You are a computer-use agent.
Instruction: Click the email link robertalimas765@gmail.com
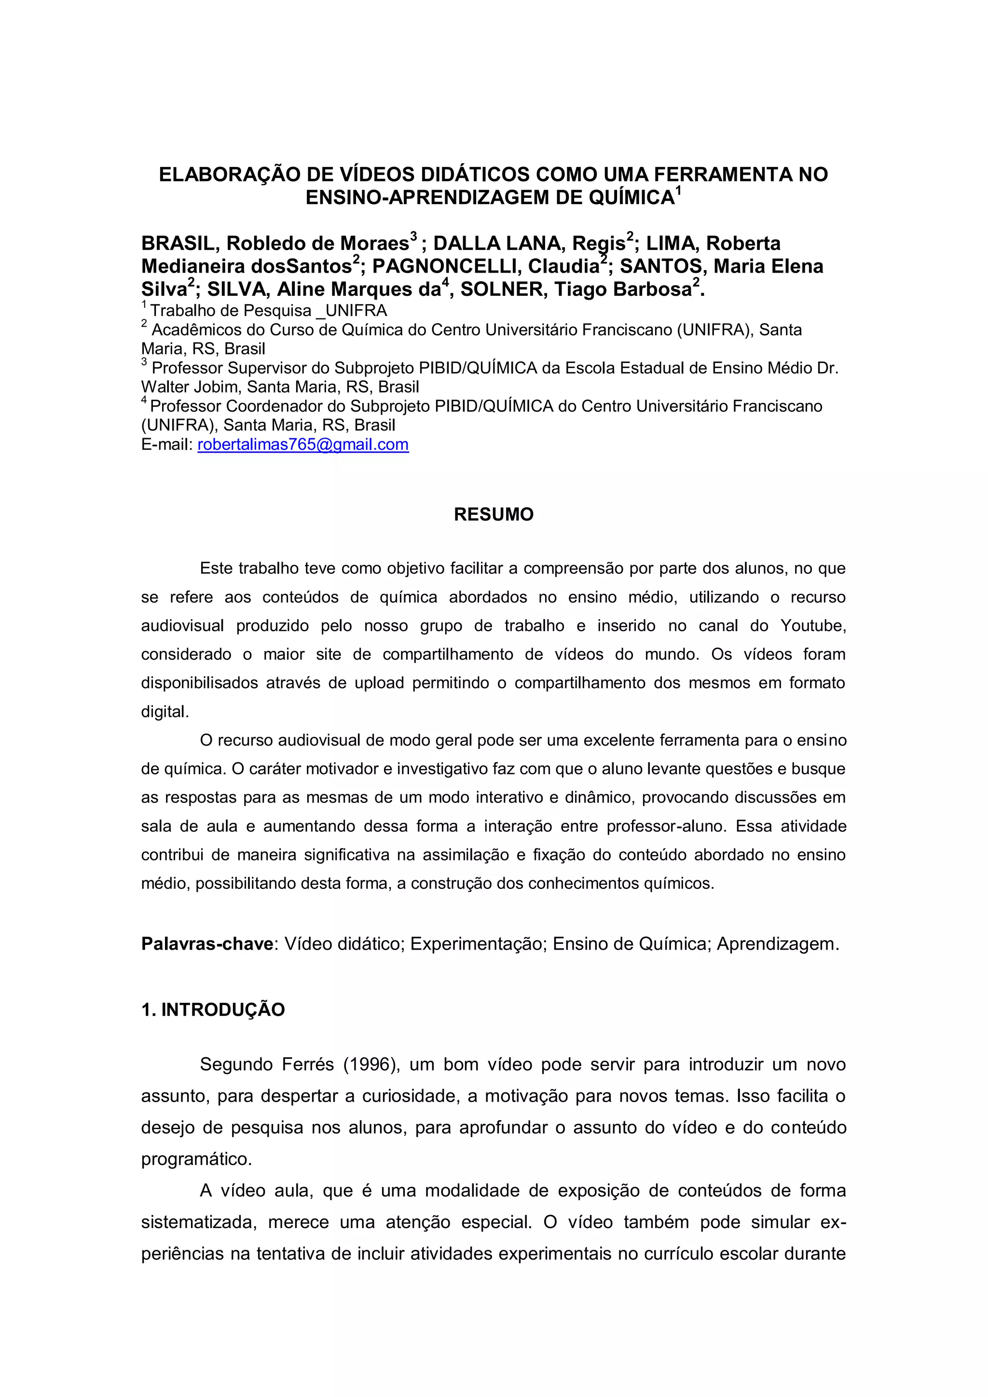pos(303,445)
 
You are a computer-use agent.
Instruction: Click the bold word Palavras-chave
pos(207,944)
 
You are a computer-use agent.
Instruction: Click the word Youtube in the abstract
pos(813,625)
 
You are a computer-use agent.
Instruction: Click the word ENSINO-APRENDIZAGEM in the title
pos(426,198)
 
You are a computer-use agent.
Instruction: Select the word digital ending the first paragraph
pos(164,711)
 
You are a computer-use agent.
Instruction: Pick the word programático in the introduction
pos(196,1159)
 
